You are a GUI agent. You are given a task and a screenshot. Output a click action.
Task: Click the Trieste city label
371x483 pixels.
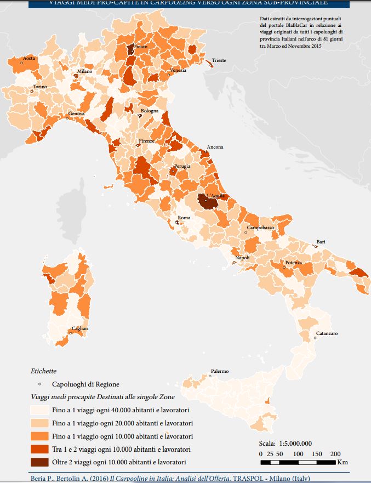(219, 60)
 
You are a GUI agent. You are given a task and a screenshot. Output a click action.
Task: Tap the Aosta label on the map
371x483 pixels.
(28, 58)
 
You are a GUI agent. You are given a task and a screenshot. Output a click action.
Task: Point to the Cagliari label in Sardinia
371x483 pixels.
(80, 328)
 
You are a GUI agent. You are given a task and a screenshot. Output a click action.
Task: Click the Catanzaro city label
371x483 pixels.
(327, 333)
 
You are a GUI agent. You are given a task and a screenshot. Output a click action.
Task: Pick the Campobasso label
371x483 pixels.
(260, 227)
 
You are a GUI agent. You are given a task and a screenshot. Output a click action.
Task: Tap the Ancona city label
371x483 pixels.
(215, 147)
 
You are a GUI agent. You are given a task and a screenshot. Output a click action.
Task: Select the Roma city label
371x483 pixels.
(184, 218)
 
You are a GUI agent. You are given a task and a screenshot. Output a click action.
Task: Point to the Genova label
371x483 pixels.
(76, 113)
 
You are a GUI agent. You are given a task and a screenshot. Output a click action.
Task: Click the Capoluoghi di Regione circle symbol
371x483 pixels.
(39, 384)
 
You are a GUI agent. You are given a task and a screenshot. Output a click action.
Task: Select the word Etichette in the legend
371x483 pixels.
(43, 371)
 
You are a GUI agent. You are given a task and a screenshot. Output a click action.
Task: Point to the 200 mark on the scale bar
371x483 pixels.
(335, 454)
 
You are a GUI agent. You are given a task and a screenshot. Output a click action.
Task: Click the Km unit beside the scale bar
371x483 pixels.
(343, 462)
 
